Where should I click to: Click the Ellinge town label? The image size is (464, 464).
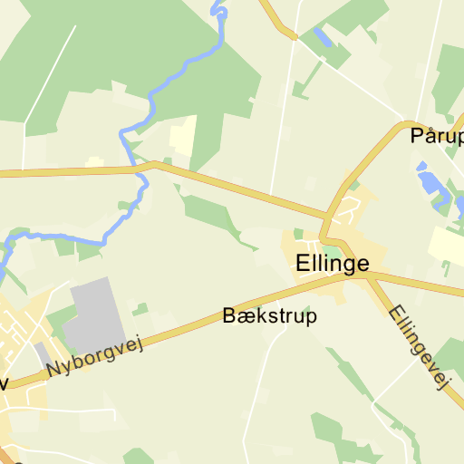333,264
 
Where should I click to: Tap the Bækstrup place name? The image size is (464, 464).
269,316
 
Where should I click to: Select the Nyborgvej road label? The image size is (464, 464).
96,355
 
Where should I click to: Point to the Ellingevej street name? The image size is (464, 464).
419,347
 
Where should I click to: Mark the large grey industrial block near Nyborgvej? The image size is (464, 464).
96,316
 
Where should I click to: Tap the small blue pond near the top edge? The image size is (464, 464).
321,37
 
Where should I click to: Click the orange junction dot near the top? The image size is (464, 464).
294,36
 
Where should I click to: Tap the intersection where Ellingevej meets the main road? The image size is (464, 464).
370,275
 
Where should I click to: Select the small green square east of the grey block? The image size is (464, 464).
140,309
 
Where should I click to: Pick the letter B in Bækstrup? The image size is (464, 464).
228,316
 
